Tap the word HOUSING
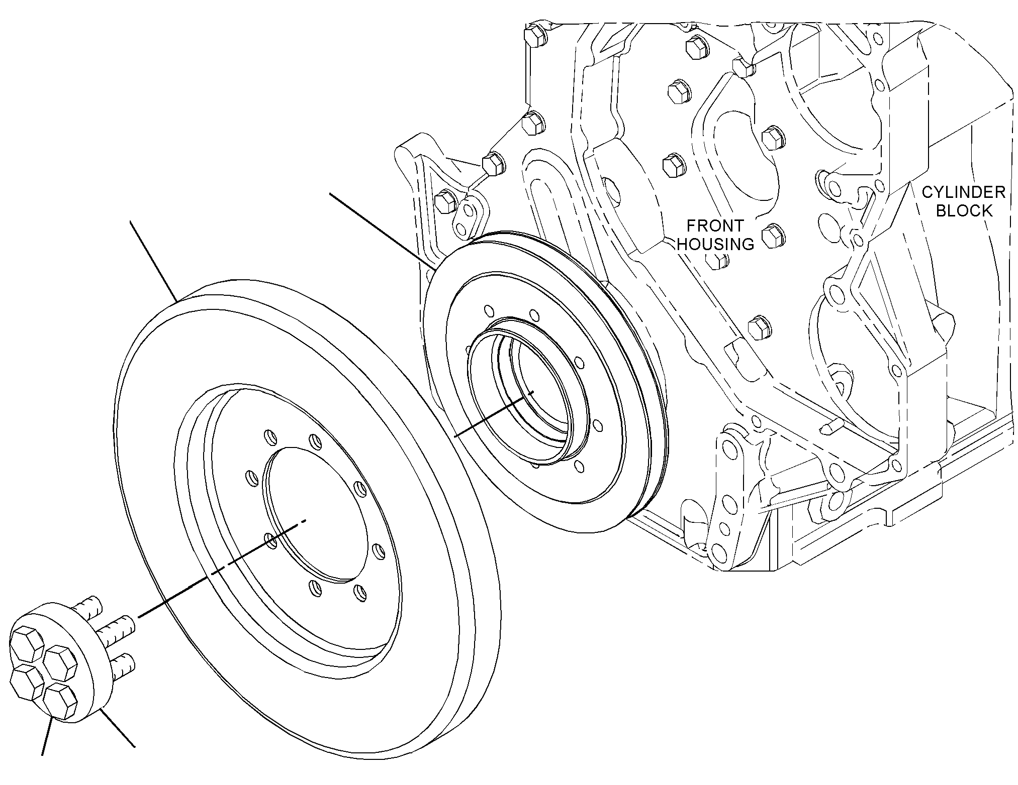[715, 244]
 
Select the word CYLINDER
[963, 192]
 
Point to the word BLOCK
[964, 210]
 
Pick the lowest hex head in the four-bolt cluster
[59, 701]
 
